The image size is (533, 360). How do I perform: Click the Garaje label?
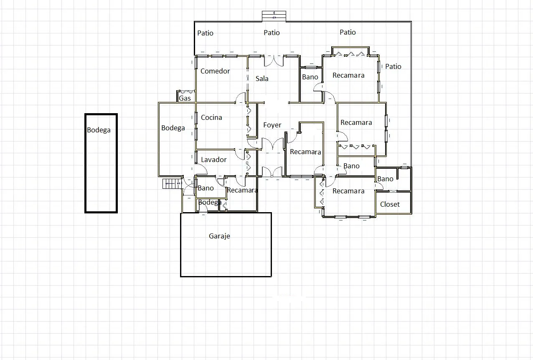(x=219, y=236)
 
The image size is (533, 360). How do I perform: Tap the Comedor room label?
(x=215, y=71)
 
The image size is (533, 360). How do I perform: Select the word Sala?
(x=262, y=79)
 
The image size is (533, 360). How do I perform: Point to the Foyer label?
(x=272, y=125)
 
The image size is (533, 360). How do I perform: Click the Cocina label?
(x=211, y=117)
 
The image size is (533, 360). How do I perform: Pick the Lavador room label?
(x=214, y=160)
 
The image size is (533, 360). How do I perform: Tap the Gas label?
(x=185, y=98)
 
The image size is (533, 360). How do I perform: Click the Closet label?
(x=390, y=204)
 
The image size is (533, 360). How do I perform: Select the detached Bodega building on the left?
(x=101, y=163)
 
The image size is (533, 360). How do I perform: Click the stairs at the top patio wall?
(x=274, y=16)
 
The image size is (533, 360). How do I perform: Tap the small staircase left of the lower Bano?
(x=172, y=184)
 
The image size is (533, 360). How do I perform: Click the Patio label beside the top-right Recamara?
(x=393, y=66)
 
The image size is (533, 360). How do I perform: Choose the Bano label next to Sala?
(x=310, y=77)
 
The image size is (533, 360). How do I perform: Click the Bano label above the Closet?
(x=385, y=179)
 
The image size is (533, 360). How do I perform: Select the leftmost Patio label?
(x=205, y=33)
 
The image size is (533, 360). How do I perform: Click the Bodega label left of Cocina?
(x=173, y=128)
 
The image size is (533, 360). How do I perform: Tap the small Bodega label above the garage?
(x=210, y=203)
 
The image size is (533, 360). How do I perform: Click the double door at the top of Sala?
(x=274, y=61)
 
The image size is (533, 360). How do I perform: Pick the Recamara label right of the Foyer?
(x=305, y=152)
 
